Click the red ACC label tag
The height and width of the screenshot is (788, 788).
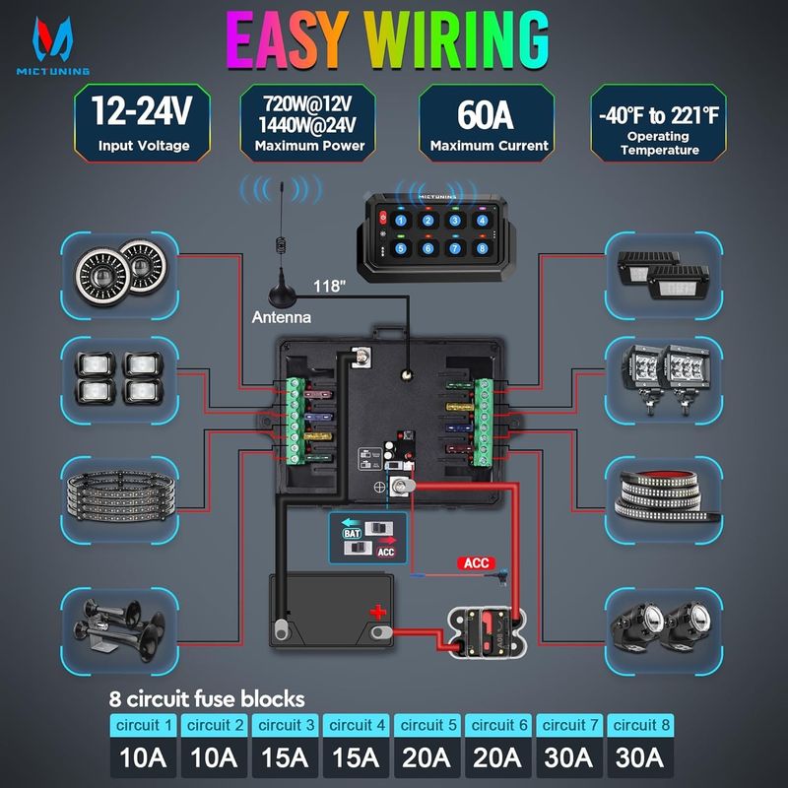click(x=477, y=563)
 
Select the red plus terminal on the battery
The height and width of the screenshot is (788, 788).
click(x=377, y=613)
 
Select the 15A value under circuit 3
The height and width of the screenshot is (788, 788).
click(x=287, y=759)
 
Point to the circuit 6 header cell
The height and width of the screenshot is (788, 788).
click(x=499, y=726)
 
